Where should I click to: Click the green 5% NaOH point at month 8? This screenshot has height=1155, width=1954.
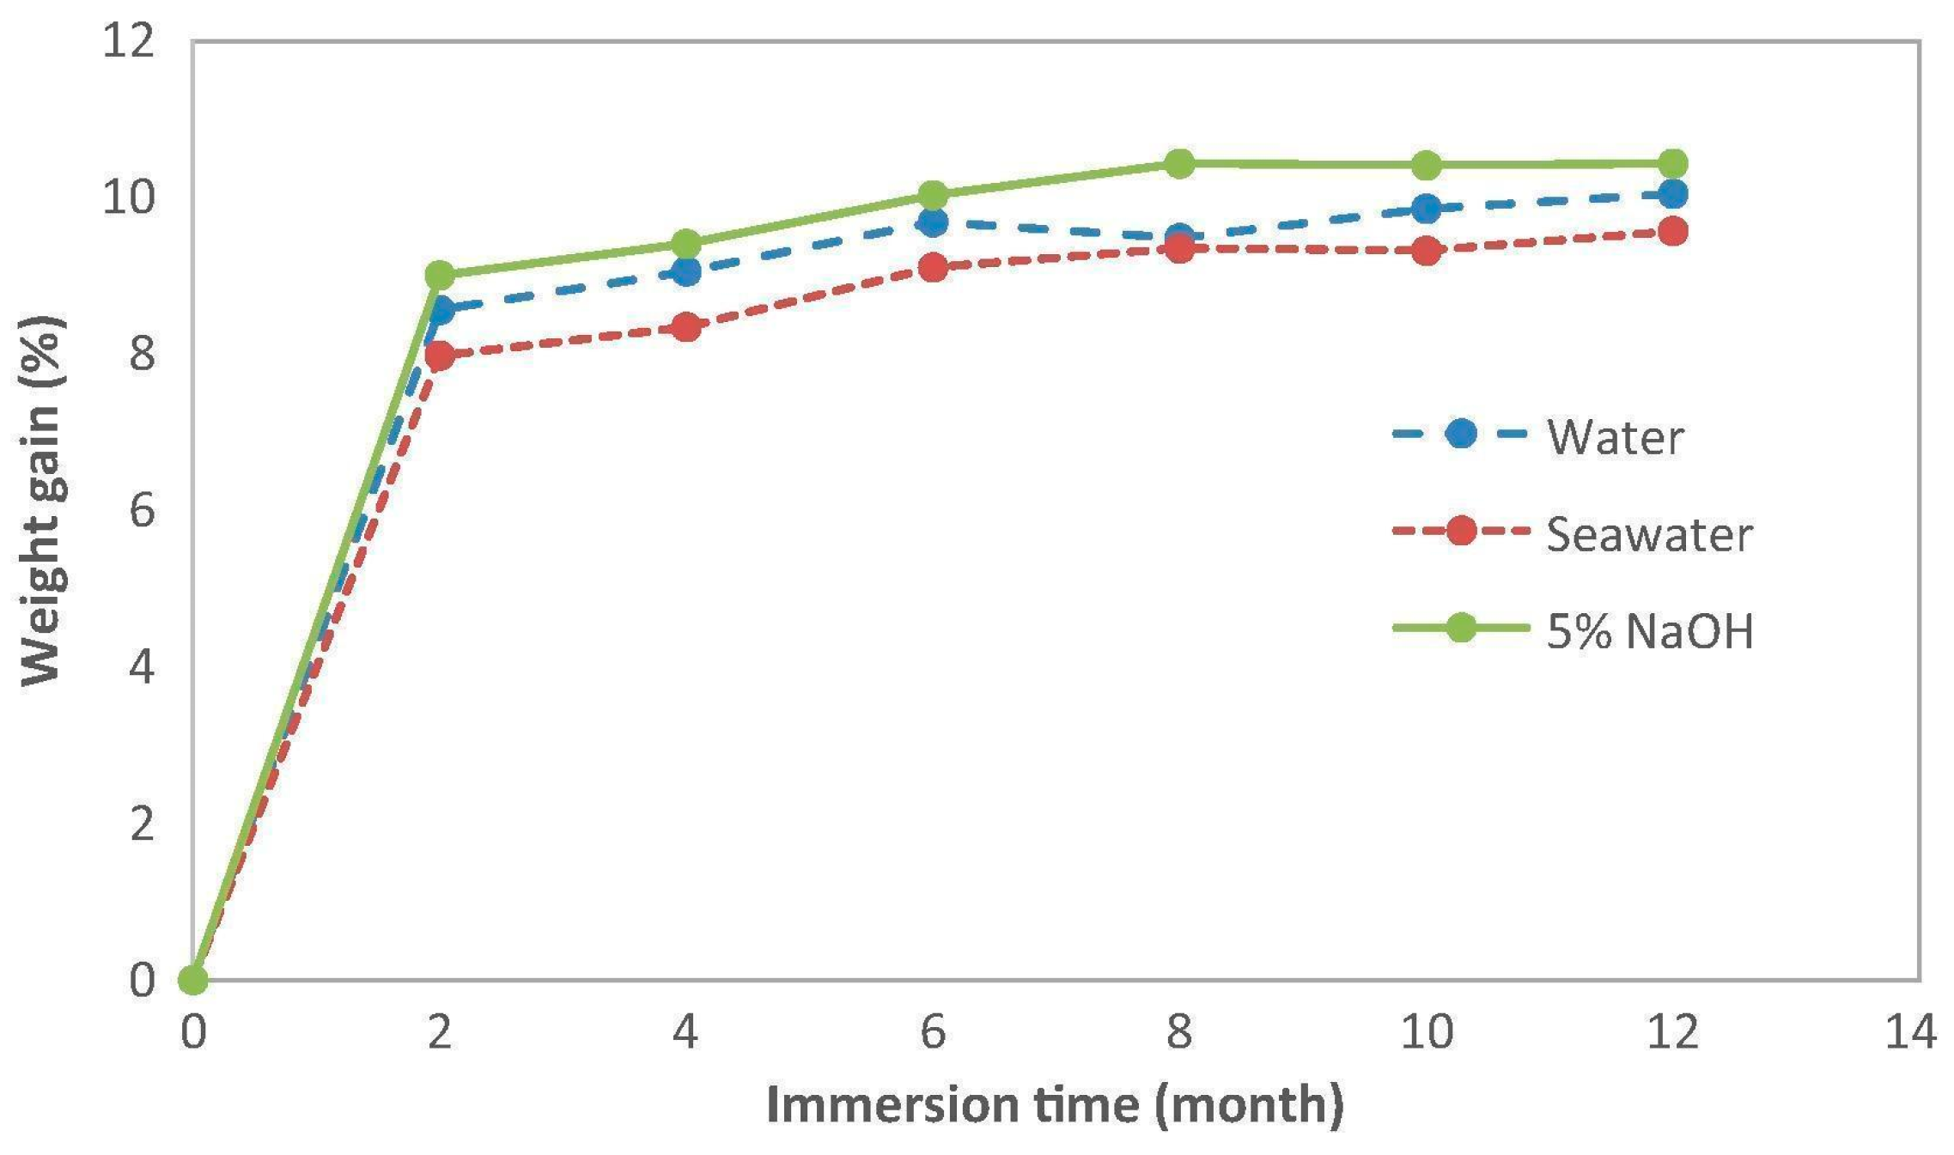click(1179, 163)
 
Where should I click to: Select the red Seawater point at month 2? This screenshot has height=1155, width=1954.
click(439, 355)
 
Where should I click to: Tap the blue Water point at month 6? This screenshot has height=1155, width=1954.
click(933, 222)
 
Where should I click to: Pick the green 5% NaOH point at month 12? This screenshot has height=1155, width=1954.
click(1672, 163)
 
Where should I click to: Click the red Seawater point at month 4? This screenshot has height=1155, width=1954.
click(685, 327)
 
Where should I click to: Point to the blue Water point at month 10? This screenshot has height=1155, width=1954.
click(1426, 208)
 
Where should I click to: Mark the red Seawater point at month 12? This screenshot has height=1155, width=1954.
click(1672, 231)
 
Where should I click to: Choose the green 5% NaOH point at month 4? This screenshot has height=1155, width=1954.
click(685, 244)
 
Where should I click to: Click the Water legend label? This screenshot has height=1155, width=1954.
click(1615, 437)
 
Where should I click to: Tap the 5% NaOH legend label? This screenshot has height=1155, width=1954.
click(1650, 631)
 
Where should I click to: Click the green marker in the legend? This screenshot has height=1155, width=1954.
click(1460, 628)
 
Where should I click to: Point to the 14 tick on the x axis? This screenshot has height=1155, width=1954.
click(1910, 1031)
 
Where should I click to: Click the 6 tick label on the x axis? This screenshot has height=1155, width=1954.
click(933, 1031)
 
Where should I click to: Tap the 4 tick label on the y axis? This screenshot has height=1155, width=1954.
click(143, 666)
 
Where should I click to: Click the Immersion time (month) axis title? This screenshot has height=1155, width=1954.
click(1055, 1105)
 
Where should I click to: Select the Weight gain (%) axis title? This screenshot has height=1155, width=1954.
click(40, 501)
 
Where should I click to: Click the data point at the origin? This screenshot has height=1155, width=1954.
click(192, 979)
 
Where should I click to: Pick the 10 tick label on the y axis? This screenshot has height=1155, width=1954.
click(129, 197)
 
